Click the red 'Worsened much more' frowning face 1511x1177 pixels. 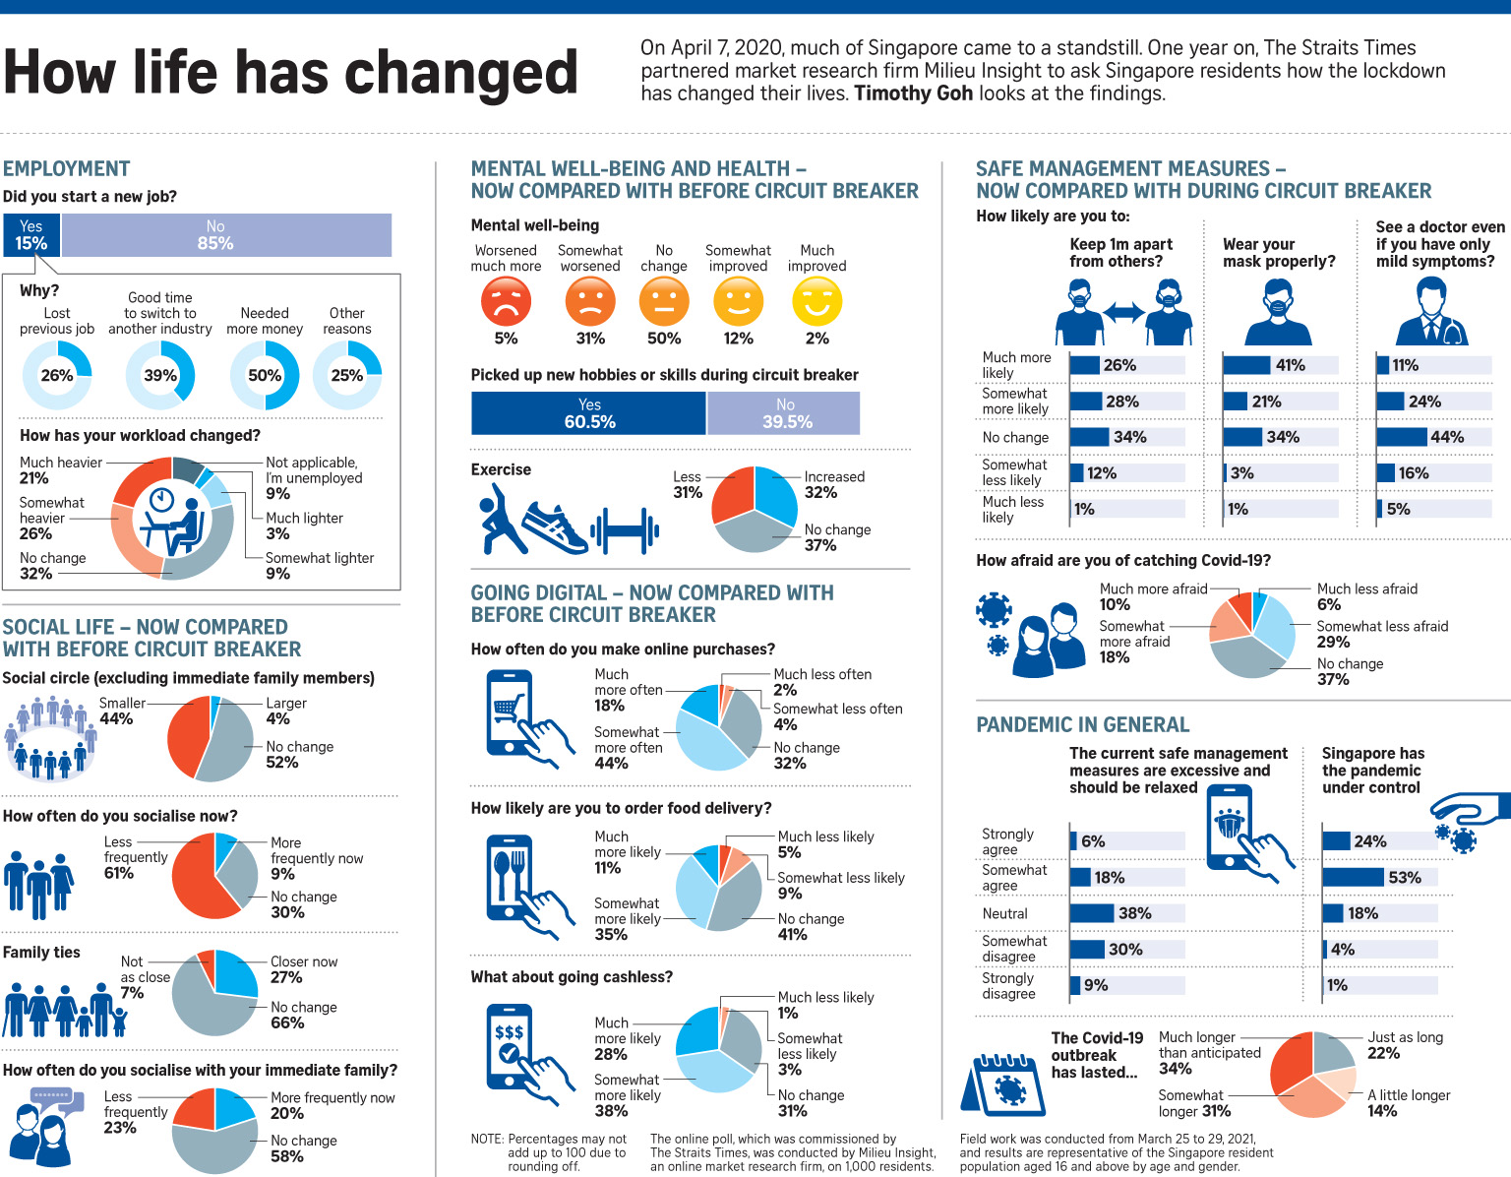coord(506,301)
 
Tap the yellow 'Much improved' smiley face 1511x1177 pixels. coord(816,301)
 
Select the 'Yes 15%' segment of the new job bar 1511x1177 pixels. coord(31,235)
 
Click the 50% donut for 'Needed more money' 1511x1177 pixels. coord(265,375)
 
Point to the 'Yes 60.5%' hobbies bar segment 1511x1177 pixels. coord(588,413)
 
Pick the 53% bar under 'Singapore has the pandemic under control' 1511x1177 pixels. coord(1354,877)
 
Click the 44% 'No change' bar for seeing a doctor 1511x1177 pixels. coord(1402,437)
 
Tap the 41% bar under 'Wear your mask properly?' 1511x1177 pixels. coord(1246,365)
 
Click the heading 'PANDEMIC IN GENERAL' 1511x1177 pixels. coord(1082,724)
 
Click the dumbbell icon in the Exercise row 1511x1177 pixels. coord(624,531)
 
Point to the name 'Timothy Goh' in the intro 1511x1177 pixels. coord(913,93)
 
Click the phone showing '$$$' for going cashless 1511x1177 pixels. coord(511,1046)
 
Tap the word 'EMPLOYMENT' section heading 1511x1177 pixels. coord(67,168)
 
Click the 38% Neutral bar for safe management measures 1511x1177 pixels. coord(1092,913)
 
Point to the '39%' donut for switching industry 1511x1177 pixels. coord(160,375)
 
